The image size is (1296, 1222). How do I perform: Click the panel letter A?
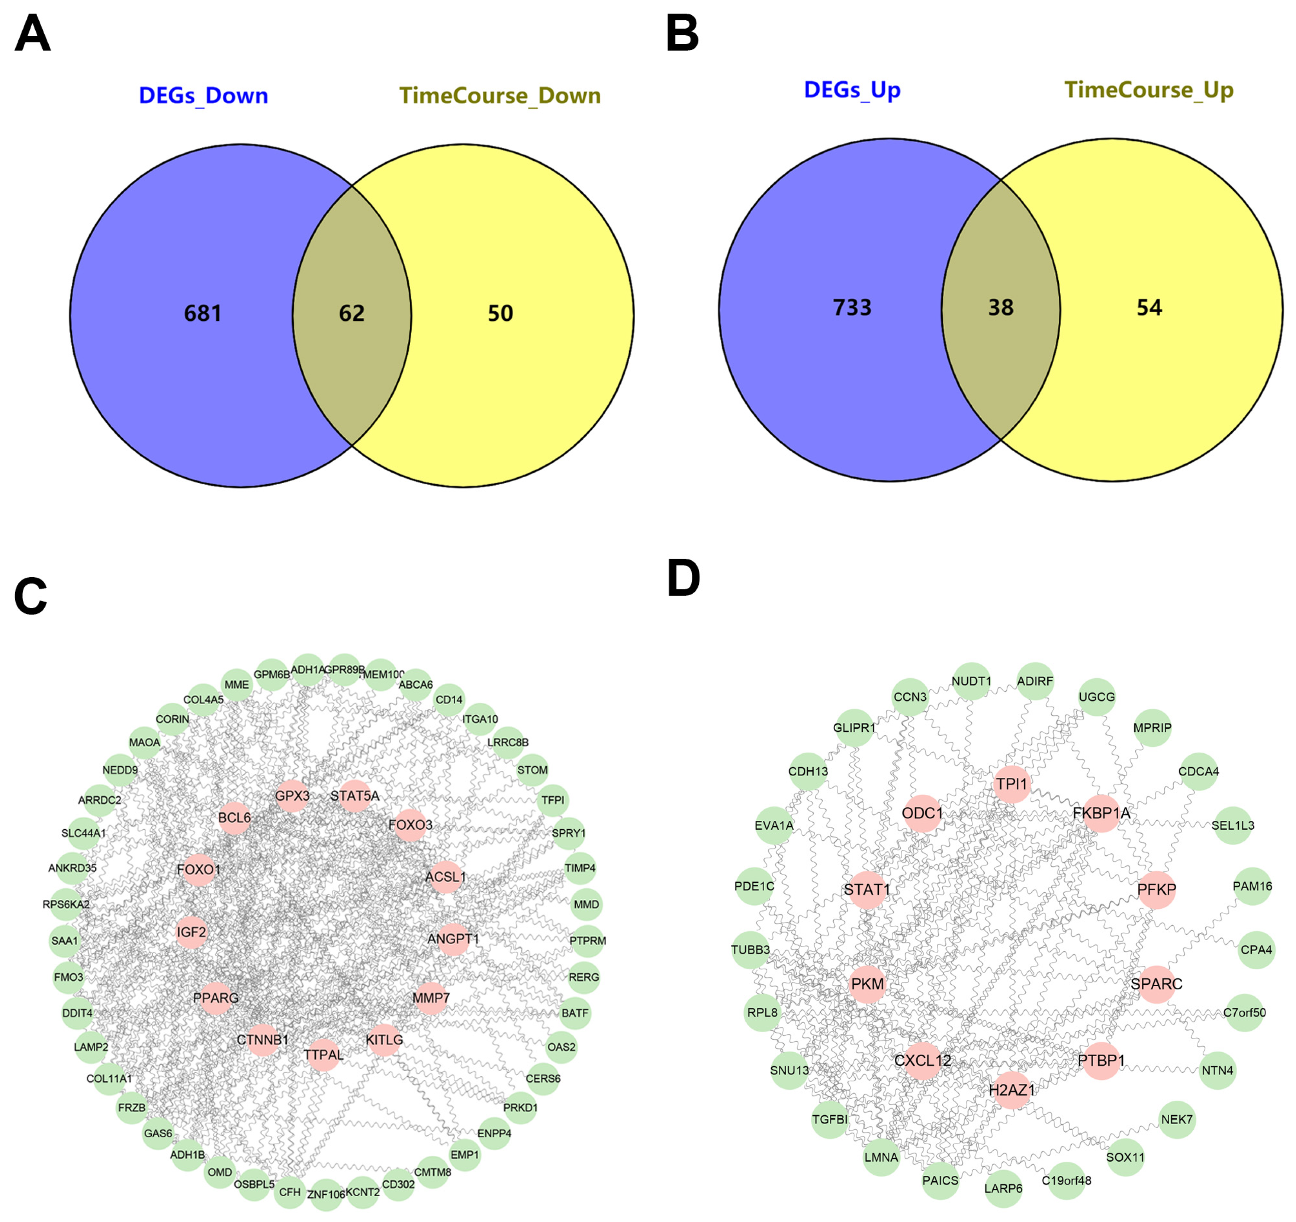(32, 34)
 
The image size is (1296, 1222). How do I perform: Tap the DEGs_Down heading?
(203, 96)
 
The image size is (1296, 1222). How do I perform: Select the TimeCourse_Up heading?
(1149, 90)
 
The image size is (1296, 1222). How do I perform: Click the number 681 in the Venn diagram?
(203, 314)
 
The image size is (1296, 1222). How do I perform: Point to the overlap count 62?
(351, 314)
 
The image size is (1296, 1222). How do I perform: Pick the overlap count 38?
(1001, 308)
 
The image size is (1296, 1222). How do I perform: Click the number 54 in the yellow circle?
(1150, 308)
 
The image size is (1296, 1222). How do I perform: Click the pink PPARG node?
(216, 998)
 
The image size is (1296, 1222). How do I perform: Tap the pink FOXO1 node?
(199, 869)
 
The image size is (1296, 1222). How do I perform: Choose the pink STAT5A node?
(355, 796)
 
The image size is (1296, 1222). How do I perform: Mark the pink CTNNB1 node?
(263, 1039)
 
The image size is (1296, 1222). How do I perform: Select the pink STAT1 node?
(867, 890)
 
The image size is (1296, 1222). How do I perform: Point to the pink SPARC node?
(1157, 983)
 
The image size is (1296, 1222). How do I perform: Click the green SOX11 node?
(1125, 1157)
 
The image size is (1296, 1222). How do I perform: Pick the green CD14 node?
(449, 700)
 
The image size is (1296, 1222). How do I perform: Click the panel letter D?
(683, 579)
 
